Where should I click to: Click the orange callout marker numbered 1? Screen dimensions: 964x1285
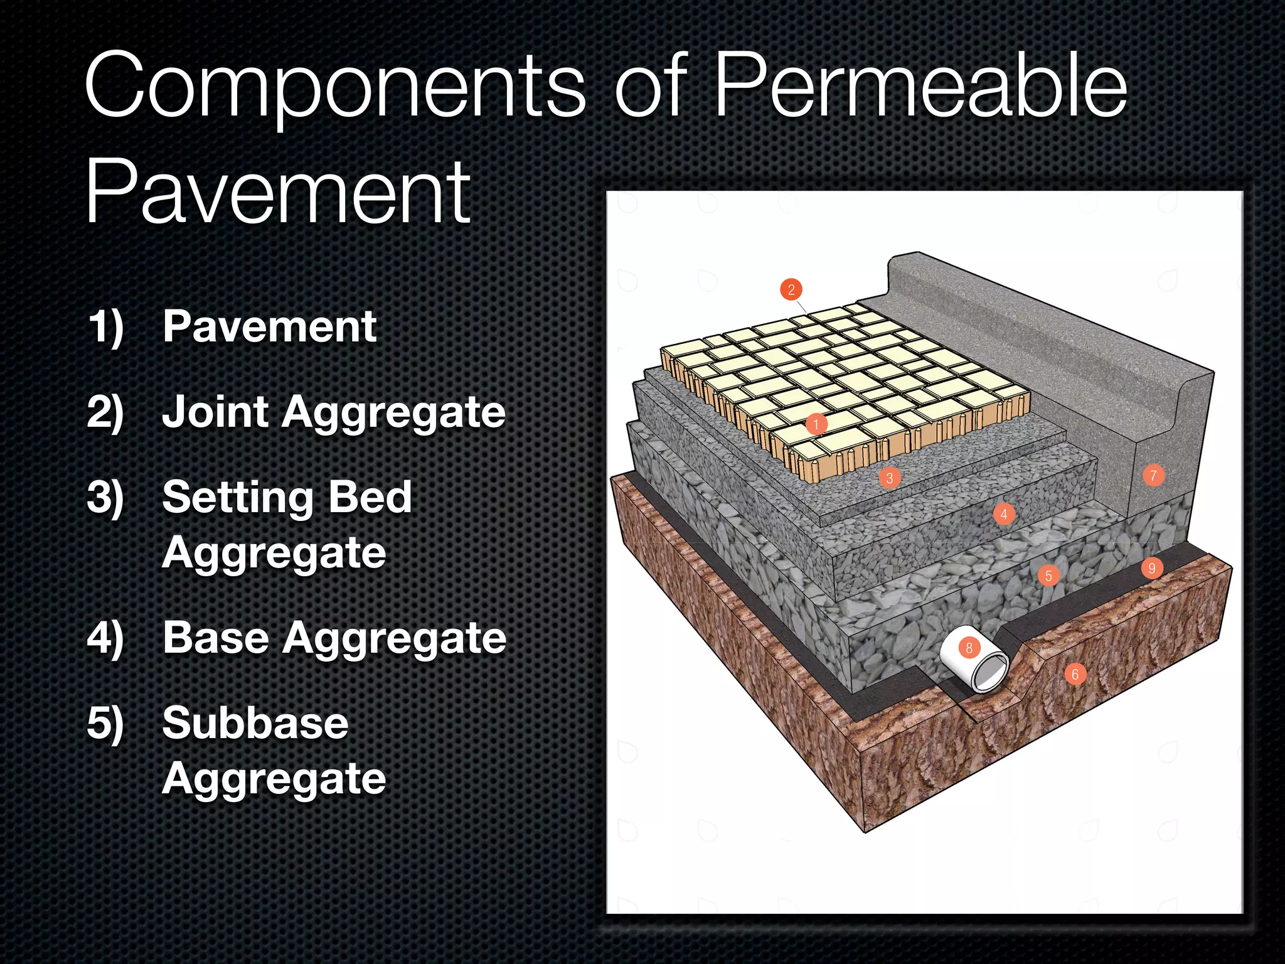[x=816, y=424]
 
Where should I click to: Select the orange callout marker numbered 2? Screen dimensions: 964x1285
[x=791, y=289]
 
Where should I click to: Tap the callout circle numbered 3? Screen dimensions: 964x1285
[x=889, y=478]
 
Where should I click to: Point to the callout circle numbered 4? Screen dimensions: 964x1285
[x=1004, y=515]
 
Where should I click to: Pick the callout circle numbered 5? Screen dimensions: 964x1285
[x=1048, y=576]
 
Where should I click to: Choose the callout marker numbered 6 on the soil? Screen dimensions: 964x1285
[x=1075, y=675]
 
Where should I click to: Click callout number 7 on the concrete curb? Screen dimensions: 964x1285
[x=1153, y=476]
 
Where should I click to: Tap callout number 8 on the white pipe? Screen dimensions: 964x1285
[x=969, y=648]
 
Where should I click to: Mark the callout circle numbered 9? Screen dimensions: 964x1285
[x=1151, y=568]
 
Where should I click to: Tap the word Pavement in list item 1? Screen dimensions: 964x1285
[x=269, y=327]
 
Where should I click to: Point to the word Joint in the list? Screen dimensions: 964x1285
[x=215, y=412]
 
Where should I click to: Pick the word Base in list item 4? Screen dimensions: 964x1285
[x=216, y=638]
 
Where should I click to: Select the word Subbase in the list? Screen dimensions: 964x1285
[x=255, y=723]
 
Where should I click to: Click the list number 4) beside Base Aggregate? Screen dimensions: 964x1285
[x=105, y=639]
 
